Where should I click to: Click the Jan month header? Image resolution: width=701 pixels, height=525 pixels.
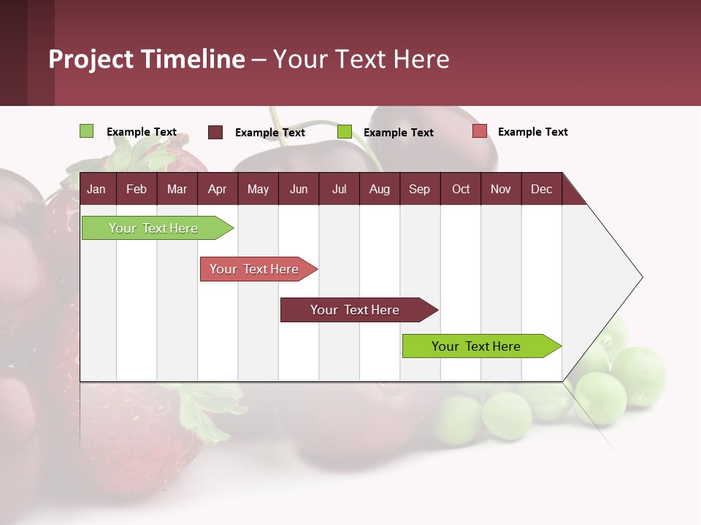point(96,190)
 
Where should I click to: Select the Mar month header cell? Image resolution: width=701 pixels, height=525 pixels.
point(177,190)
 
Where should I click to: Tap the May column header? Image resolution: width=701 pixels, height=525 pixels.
point(258,190)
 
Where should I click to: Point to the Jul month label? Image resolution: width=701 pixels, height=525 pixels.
point(339,190)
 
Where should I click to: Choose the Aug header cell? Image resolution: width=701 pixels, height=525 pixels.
point(379,190)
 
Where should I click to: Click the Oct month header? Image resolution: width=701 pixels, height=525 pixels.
point(461,190)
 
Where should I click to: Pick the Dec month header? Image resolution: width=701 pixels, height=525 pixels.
point(541,190)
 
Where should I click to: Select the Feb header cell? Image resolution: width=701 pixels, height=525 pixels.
point(137,190)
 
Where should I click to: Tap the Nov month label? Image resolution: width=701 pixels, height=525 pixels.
point(501,190)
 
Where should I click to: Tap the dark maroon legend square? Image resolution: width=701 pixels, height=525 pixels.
point(215,132)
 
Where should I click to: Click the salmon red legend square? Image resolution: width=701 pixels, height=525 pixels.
point(479,131)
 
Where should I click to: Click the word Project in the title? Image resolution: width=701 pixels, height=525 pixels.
point(91,59)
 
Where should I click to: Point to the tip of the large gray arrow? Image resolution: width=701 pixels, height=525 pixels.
point(640,277)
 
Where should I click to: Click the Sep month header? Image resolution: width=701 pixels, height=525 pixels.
point(419,190)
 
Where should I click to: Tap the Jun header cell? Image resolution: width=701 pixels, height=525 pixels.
point(299,190)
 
